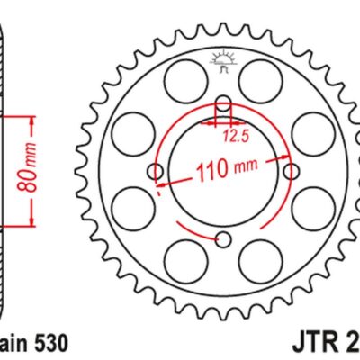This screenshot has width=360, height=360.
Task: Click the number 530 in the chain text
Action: tap(48, 344)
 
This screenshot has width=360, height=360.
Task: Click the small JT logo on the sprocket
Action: tap(222, 61)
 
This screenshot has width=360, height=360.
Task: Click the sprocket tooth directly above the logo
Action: tap(223, 30)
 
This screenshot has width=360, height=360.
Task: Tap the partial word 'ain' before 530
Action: tap(13, 344)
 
